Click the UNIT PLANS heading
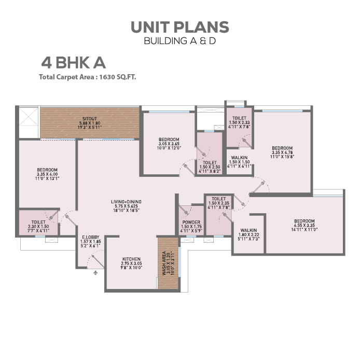point(179,27)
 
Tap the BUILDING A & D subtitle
point(179,41)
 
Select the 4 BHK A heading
point(73,63)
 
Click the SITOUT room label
point(90,118)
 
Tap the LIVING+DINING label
point(126,202)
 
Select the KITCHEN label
point(132,259)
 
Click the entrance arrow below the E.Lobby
point(95,273)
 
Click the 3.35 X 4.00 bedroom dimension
point(47,174)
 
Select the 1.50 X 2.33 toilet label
point(239,122)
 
